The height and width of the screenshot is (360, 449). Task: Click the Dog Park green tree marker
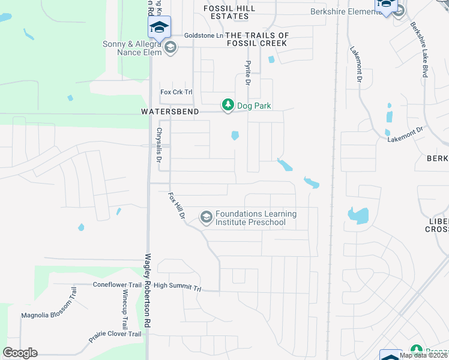point(228,105)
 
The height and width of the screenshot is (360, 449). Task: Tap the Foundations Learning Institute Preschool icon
point(206,217)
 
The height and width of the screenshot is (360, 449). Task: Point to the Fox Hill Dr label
point(176,205)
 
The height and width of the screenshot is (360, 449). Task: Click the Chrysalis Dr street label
point(160,145)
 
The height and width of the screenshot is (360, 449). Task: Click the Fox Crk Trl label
point(176,92)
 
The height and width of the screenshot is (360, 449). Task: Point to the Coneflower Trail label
point(117,285)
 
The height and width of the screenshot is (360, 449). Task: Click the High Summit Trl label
point(176,287)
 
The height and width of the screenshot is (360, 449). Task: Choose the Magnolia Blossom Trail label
point(47,314)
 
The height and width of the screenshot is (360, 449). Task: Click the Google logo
point(20,353)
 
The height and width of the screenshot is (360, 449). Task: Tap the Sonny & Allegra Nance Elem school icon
point(170,48)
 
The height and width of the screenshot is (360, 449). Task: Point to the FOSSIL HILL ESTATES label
point(229,13)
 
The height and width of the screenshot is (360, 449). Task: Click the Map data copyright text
point(424,355)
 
